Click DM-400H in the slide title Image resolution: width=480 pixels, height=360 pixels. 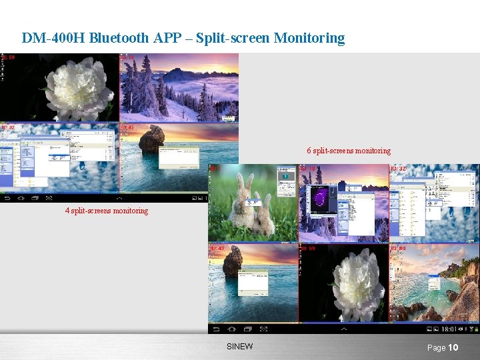click(x=53, y=38)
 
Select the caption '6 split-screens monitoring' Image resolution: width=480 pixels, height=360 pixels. click(x=349, y=151)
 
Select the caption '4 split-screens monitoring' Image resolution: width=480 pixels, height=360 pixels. click(x=107, y=211)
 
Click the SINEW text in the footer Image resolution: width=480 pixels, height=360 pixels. click(x=240, y=347)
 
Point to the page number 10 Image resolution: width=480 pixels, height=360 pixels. click(x=453, y=347)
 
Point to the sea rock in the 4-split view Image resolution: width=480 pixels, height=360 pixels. click(x=152, y=139)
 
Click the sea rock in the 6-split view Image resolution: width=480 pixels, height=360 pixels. click(x=232, y=261)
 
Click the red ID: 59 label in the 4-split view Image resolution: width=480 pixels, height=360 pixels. click(x=8, y=58)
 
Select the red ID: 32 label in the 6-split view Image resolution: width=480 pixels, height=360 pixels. click(x=398, y=169)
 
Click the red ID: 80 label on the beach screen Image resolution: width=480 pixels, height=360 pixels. click(x=398, y=248)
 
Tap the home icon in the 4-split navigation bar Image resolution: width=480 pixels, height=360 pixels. click(x=21, y=198)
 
